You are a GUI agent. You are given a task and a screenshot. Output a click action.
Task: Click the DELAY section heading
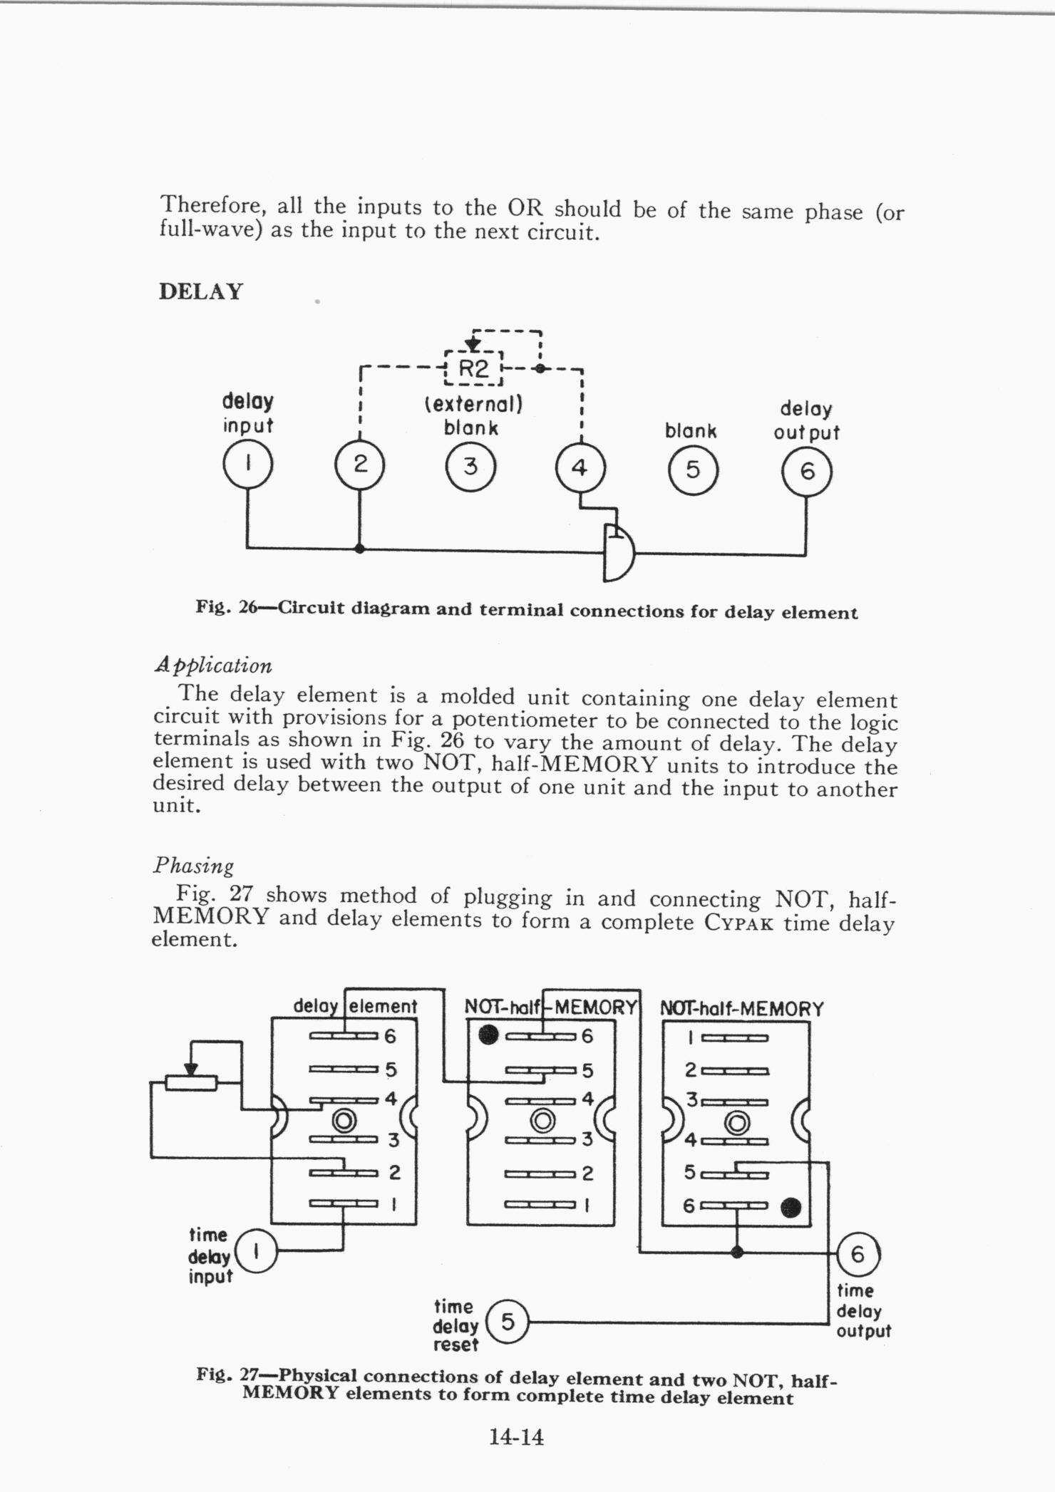[201, 292]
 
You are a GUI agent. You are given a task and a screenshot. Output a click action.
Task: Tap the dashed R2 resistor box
[473, 369]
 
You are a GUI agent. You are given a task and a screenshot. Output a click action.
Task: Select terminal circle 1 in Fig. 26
[247, 465]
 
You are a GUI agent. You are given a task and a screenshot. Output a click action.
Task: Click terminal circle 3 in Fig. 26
[470, 467]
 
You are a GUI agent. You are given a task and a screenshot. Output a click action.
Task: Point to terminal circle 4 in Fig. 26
[580, 469]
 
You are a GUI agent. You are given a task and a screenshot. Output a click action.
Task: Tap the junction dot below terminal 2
[359, 549]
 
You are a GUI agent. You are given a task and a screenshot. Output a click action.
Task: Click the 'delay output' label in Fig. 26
[806, 421]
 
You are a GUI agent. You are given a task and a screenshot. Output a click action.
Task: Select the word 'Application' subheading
[213, 665]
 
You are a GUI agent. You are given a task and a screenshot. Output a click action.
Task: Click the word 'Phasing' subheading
[193, 866]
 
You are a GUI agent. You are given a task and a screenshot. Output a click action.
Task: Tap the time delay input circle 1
[255, 1249]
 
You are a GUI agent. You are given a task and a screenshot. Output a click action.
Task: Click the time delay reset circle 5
[507, 1322]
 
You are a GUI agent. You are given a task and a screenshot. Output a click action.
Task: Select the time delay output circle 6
[857, 1253]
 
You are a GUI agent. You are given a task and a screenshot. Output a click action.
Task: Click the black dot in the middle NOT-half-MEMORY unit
[488, 1034]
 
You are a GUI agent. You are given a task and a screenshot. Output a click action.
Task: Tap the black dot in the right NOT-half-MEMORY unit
[791, 1207]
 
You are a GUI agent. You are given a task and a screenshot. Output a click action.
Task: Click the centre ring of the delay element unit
[344, 1121]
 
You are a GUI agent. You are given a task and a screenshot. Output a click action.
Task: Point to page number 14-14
[516, 1437]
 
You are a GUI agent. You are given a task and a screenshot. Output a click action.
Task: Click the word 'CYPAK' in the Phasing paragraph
[740, 923]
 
